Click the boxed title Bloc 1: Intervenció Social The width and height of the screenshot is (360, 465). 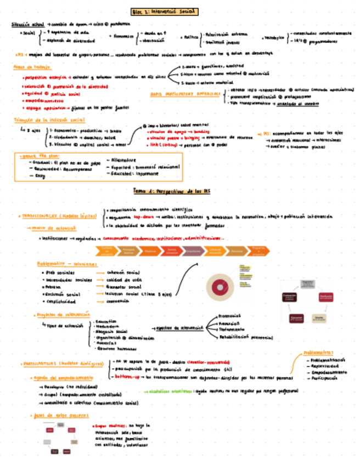click(165, 11)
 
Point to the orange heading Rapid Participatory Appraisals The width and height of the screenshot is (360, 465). click(186, 94)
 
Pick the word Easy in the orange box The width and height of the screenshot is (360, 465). click(39, 175)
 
